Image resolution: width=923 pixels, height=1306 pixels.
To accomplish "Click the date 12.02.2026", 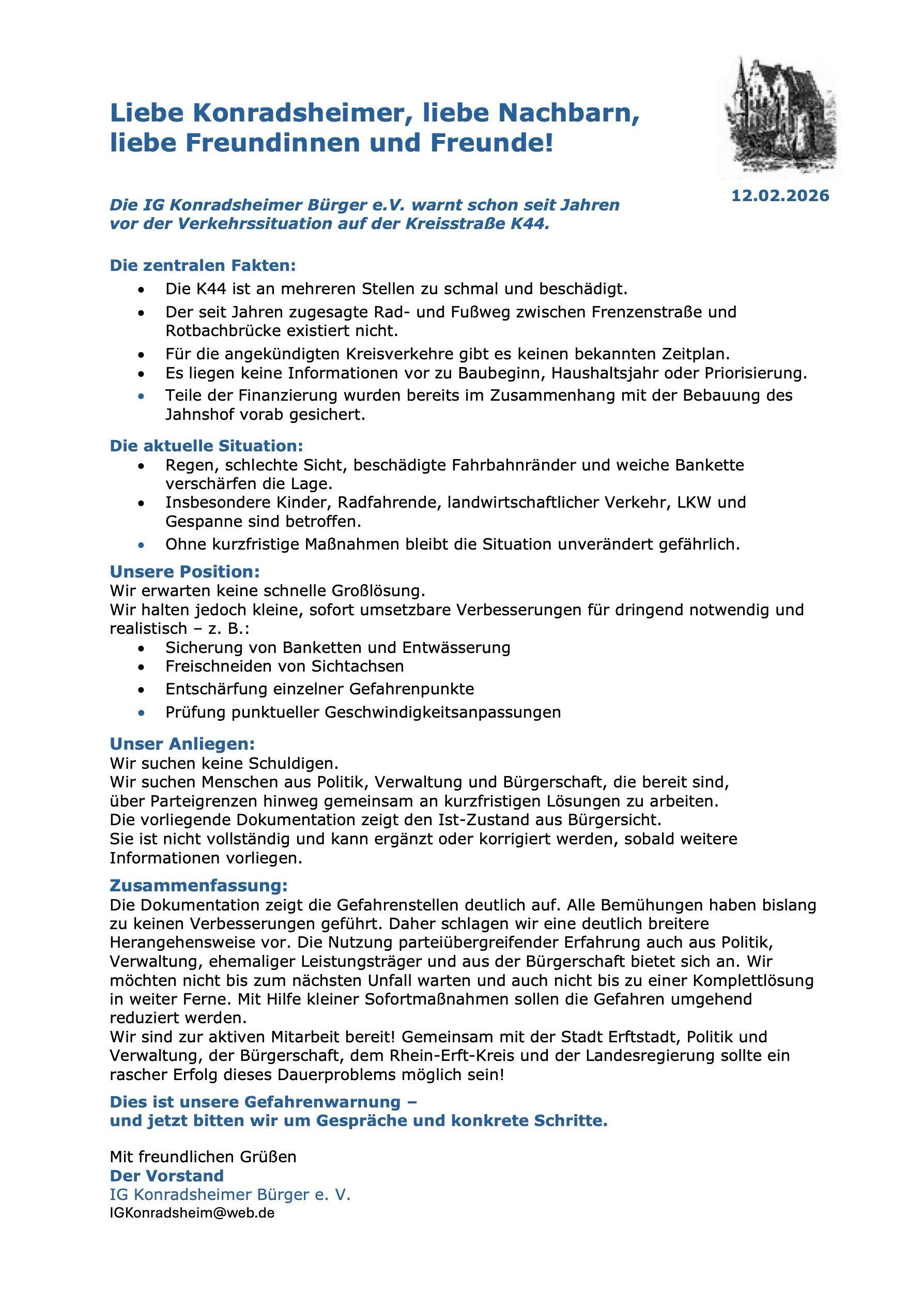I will click(x=780, y=195).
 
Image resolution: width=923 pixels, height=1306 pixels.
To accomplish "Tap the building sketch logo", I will click(x=780, y=117).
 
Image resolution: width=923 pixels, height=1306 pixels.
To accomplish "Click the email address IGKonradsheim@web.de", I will click(x=192, y=1213).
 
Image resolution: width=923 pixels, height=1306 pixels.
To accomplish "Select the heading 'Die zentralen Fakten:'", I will click(x=203, y=266).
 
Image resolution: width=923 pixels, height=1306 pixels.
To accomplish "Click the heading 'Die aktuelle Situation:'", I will click(x=206, y=445).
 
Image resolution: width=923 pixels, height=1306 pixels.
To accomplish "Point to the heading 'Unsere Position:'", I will click(x=184, y=571).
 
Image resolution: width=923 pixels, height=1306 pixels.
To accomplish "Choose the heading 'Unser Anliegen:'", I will click(x=182, y=743).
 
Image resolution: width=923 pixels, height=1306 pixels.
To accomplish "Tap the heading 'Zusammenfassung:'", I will click(x=198, y=886).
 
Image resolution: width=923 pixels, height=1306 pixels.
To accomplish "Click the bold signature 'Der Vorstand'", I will click(x=166, y=1175).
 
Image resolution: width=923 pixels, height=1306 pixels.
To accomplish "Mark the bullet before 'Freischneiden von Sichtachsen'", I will click(x=141, y=666).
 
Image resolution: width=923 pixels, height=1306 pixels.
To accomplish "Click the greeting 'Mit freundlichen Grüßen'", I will click(x=203, y=1157).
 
